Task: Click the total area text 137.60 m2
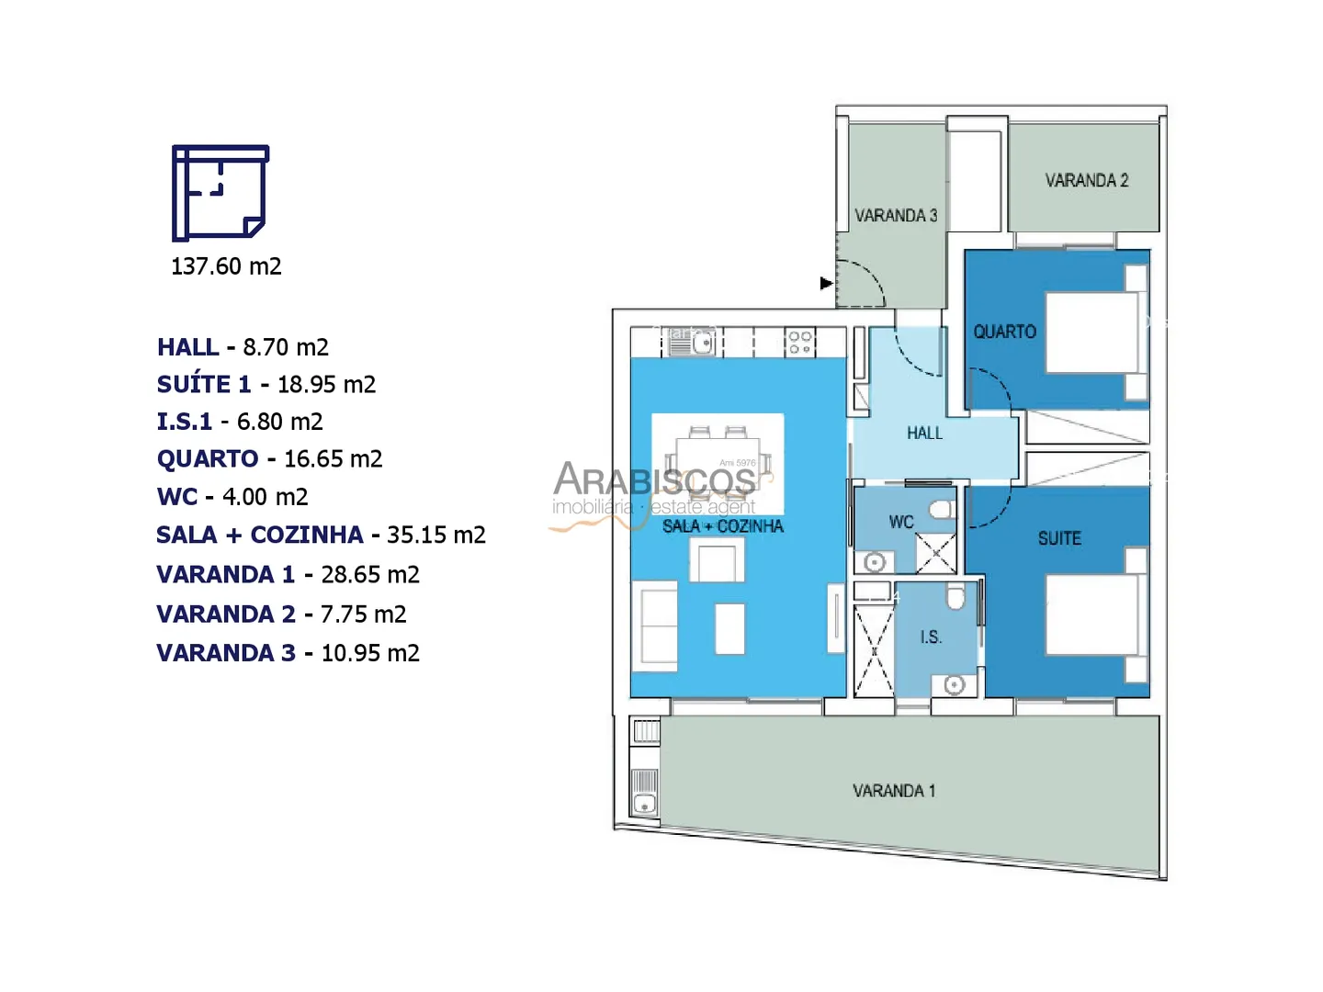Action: (226, 266)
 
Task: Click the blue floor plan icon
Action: (220, 193)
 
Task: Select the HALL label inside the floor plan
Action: (924, 433)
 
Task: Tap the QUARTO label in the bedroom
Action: (1004, 332)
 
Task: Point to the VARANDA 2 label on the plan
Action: (1086, 180)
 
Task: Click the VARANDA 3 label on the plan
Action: (896, 215)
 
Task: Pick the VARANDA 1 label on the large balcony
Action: (894, 791)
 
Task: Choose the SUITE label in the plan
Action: (1059, 538)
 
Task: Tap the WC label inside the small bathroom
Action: (901, 522)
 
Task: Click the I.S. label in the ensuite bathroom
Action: (930, 637)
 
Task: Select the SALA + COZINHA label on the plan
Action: (722, 525)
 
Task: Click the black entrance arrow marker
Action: (826, 283)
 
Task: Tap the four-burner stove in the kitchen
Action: (800, 343)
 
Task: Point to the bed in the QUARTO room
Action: (1092, 333)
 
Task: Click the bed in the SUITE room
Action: (1092, 615)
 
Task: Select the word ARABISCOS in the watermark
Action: (654, 479)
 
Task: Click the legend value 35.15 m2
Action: (435, 535)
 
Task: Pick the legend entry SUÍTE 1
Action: (204, 384)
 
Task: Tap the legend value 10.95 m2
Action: (370, 653)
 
